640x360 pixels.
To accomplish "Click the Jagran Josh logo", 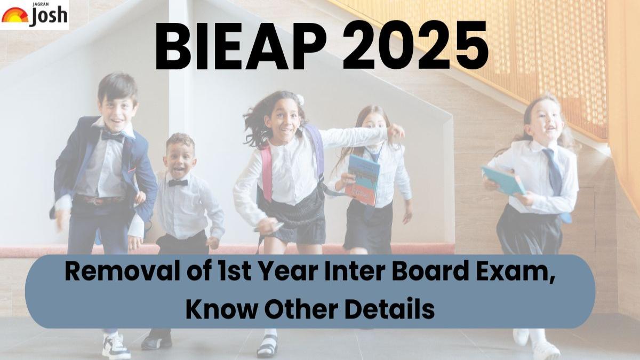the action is pyautogui.click(x=34, y=14).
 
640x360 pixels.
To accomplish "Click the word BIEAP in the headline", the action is pyautogui.click(x=241, y=45).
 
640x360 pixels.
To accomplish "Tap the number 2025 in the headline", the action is pyautogui.click(x=415, y=45).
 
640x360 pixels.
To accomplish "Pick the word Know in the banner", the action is pyautogui.click(x=222, y=309).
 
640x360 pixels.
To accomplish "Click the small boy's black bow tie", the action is pyautogui.click(x=178, y=182).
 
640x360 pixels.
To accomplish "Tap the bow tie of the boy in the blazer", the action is pyautogui.click(x=113, y=137).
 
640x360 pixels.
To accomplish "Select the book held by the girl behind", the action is pyautogui.click(x=362, y=180).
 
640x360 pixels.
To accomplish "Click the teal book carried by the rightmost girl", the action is pyautogui.click(x=504, y=181).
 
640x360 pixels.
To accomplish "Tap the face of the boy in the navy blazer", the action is pyautogui.click(x=118, y=109).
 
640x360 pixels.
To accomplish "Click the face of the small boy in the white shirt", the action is pyautogui.click(x=179, y=160).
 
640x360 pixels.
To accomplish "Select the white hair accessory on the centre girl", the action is pyautogui.click(x=300, y=99).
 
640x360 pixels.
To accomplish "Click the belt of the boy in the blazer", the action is pyautogui.click(x=100, y=199).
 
